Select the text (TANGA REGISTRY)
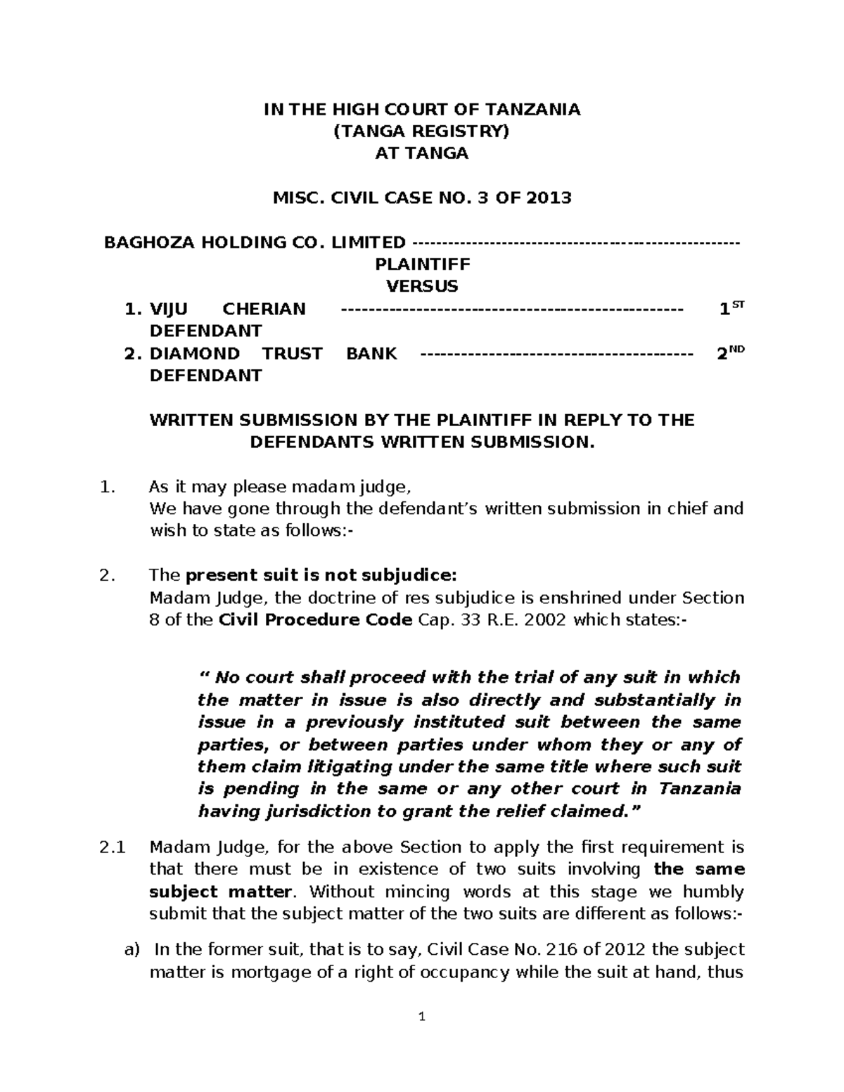[421, 131]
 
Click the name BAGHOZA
[143, 243]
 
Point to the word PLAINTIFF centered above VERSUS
[422, 264]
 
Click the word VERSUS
[422, 286]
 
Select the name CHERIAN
[264, 309]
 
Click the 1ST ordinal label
[731, 309]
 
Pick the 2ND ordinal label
[730, 354]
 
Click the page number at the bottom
[422, 1017]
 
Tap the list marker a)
[132, 950]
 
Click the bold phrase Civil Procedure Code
[316, 620]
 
